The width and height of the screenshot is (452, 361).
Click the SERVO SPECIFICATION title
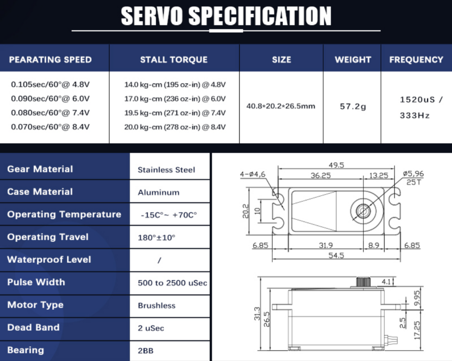pyautogui.click(x=226, y=16)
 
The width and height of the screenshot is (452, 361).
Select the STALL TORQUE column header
pyautogui.click(x=174, y=60)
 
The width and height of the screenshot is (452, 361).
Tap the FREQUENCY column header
pyautogui.click(x=416, y=60)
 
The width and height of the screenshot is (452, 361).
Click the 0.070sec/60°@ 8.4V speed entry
pyautogui.click(x=50, y=127)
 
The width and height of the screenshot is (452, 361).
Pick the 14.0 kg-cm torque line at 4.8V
pyautogui.click(x=175, y=85)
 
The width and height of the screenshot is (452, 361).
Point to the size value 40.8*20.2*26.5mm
pyautogui.click(x=281, y=106)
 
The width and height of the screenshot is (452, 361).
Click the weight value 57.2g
pyautogui.click(x=353, y=107)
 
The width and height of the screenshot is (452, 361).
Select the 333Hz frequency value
pyautogui.click(x=414, y=116)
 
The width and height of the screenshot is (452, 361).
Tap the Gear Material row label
pyautogui.click(x=40, y=169)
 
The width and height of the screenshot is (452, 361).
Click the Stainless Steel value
pyautogui.click(x=166, y=170)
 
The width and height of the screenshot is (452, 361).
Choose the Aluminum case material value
pyautogui.click(x=159, y=193)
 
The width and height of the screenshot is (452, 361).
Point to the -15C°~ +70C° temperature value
pyautogui.click(x=169, y=215)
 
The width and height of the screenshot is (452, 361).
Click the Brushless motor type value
pyautogui.click(x=156, y=305)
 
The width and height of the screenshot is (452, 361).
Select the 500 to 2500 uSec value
pyautogui.click(x=172, y=283)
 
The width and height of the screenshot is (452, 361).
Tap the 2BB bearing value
pyautogui.click(x=145, y=351)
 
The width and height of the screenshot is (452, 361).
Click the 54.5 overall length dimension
pyautogui.click(x=336, y=255)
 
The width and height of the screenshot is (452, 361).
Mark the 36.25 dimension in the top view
pyautogui.click(x=320, y=175)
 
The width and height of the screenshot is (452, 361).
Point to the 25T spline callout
pyautogui.click(x=414, y=182)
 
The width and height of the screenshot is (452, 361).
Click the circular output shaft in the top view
pyautogui.click(x=363, y=211)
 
